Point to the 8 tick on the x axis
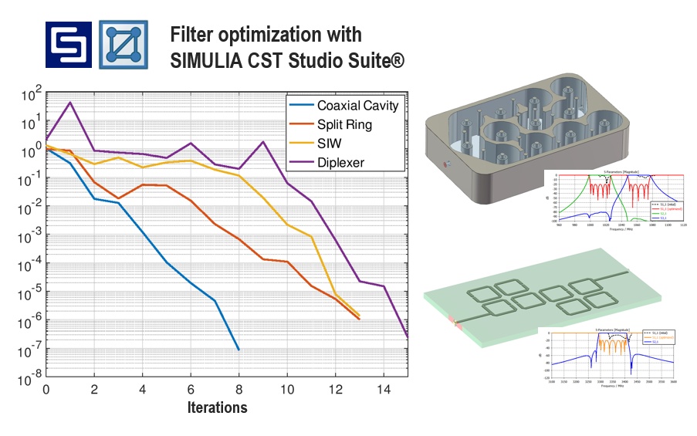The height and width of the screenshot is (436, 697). tap(239, 390)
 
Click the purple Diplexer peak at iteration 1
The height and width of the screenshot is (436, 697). tap(70, 103)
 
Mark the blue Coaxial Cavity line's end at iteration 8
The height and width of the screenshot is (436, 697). tap(239, 350)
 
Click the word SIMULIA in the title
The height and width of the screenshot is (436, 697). tap(209, 59)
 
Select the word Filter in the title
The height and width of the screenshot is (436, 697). tap(191, 35)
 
